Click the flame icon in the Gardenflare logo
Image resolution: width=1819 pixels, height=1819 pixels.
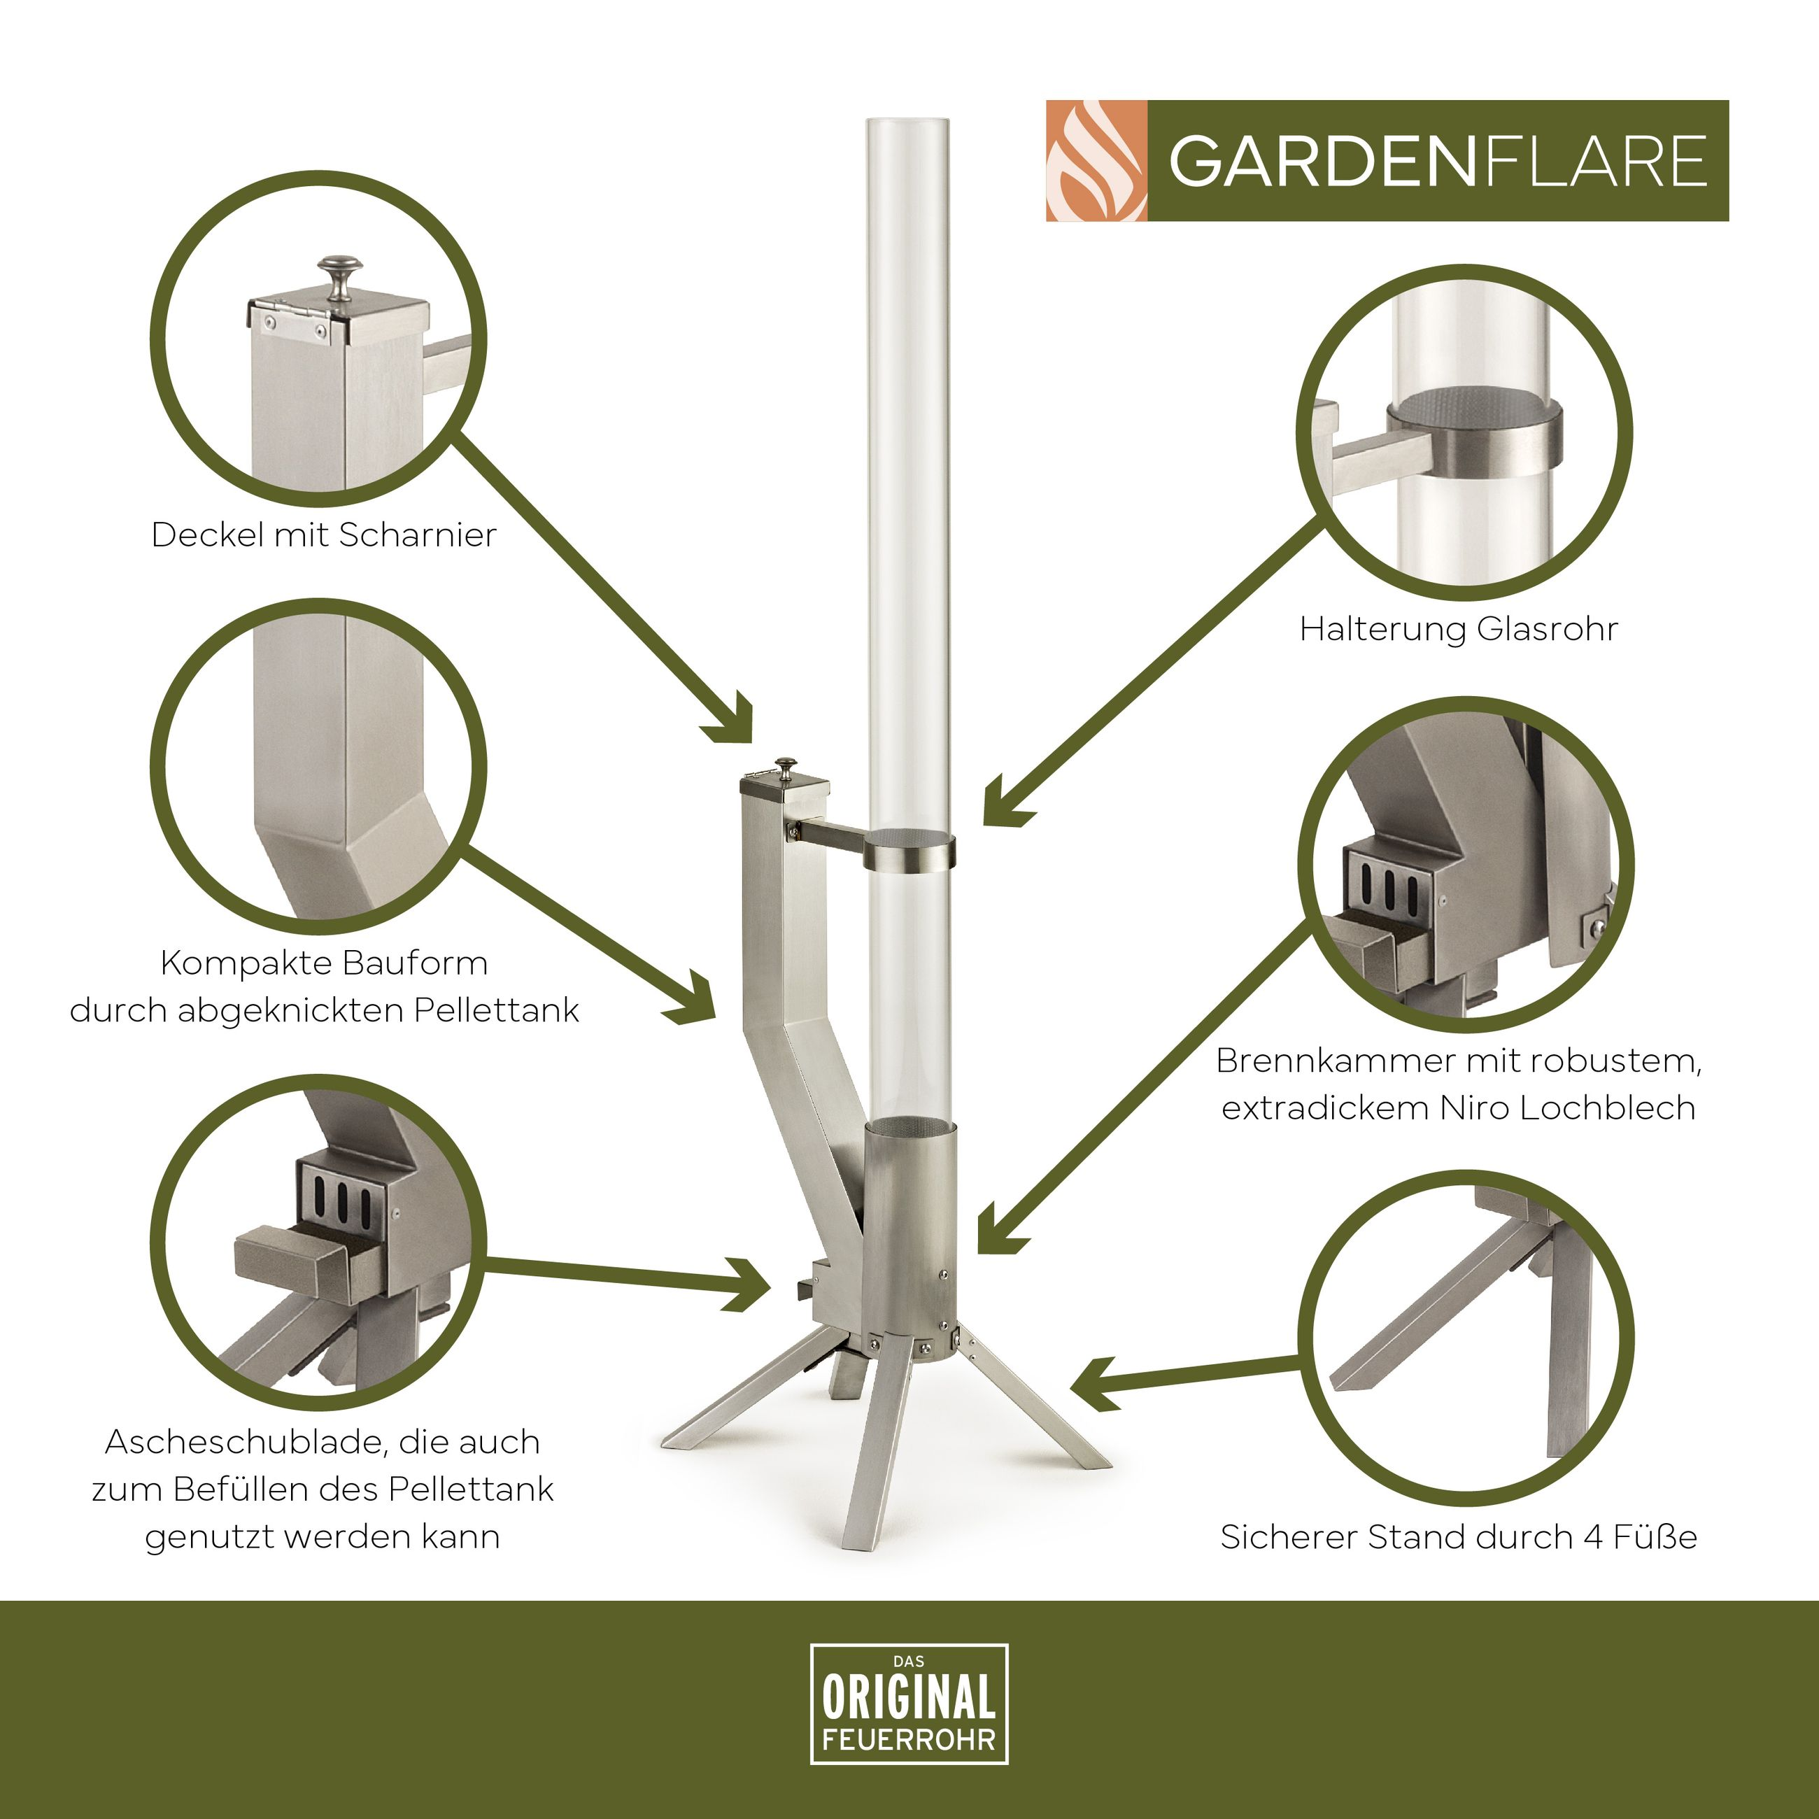click(x=1097, y=161)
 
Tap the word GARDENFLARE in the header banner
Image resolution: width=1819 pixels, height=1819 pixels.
click(x=1438, y=161)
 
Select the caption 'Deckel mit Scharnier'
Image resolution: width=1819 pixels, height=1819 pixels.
click(x=324, y=535)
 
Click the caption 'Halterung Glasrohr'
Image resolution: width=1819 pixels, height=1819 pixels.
click(x=1459, y=628)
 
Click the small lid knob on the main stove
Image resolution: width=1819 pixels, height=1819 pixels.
click(x=784, y=765)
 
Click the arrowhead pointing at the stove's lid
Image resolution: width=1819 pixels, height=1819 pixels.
click(x=735, y=723)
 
